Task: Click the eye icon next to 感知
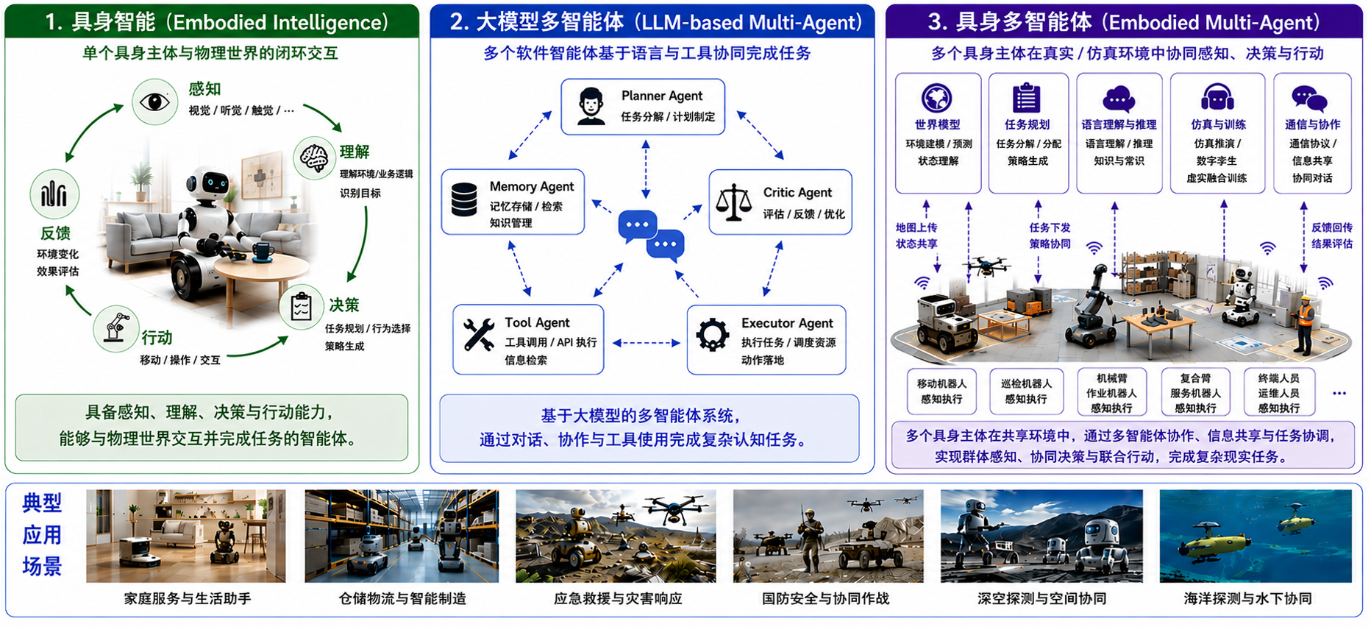[154, 102]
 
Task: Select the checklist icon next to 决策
[302, 307]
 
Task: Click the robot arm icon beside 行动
[116, 328]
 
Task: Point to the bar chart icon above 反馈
[54, 194]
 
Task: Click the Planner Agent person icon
[591, 107]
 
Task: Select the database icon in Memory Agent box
[464, 199]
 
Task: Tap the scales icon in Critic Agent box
[733, 202]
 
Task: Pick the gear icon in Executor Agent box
[713, 335]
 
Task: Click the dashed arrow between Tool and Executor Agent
[646, 343]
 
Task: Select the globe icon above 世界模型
[937, 98]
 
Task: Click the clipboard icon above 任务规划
[1027, 98]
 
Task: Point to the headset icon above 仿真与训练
[1217, 98]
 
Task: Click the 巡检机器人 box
[1026, 392]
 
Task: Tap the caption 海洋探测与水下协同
[1248, 598]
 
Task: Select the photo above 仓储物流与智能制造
[402, 536]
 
